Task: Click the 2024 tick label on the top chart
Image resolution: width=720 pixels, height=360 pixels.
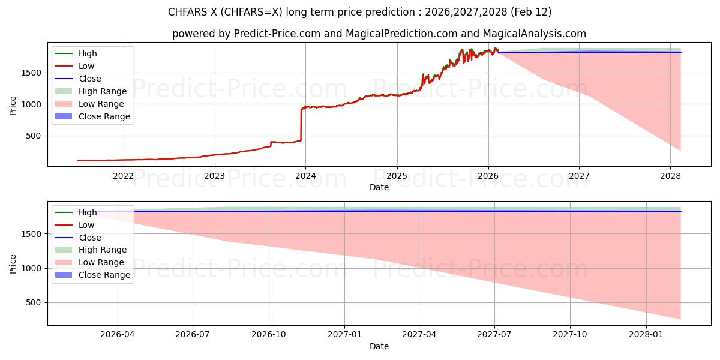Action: pyautogui.click(x=305, y=176)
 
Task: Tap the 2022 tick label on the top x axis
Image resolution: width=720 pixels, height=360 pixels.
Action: pyautogui.click(x=123, y=176)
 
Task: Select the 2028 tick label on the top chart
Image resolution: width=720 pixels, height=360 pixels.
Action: pyautogui.click(x=670, y=176)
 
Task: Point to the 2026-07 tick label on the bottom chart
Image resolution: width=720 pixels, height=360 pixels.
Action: pyautogui.click(x=193, y=335)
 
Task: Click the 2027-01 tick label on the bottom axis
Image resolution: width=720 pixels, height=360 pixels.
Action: pyautogui.click(x=344, y=335)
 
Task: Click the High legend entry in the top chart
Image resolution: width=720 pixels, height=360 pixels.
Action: pyautogui.click(x=88, y=53)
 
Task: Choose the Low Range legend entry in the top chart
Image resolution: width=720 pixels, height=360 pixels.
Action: pyautogui.click(x=103, y=104)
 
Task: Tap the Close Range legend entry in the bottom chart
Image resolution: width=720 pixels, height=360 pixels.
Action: pyautogui.click(x=104, y=275)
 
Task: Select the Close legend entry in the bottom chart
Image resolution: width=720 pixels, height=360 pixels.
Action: pyautogui.click(x=89, y=238)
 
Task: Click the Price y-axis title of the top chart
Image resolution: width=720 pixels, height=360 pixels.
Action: pyautogui.click(x=13, y=105)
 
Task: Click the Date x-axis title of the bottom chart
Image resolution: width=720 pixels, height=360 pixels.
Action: pyautogui.click(x=379, y=346)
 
